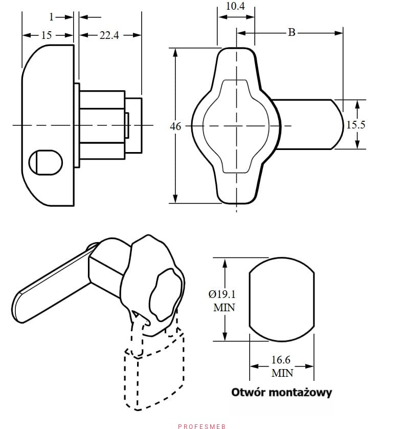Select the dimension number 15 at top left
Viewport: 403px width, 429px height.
click(x=47, y=35)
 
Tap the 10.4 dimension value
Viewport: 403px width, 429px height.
click(x=235, y=7)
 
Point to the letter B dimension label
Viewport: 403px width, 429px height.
click(x=292, y=32)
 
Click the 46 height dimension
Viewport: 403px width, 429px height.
click(x=175, y=126)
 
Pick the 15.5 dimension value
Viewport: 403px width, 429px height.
click(x=356, y=124)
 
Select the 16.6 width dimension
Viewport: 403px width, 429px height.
click(x=282, y=360)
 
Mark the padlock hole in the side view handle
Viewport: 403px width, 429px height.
click(x=46, y=162)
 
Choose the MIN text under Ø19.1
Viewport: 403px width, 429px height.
click(x=224, y=308)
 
